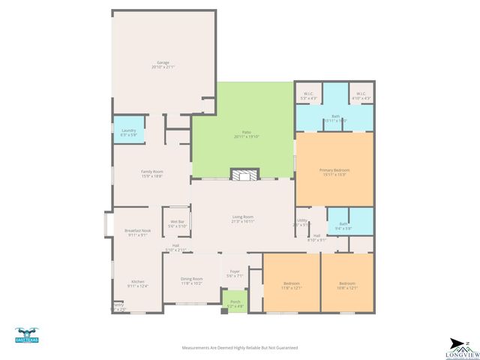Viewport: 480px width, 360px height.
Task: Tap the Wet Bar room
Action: coord(178,223)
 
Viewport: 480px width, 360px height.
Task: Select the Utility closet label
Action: coord(301,220)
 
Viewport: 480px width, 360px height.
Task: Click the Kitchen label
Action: coord(137,283)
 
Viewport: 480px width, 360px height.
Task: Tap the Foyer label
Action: coord(234,274)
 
